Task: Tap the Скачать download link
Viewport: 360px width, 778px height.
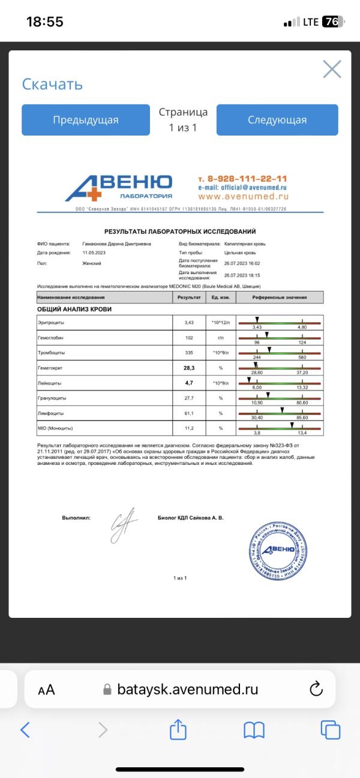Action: tap(52, 84)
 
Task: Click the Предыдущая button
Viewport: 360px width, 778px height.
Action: tap(86, 120)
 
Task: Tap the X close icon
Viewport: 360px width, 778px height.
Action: tap(332, 70)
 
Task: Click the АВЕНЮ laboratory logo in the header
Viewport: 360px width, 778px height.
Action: tap(119, 188)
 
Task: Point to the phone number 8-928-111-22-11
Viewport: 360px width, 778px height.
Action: tap(242, 179)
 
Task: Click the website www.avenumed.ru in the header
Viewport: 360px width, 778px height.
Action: tap(243, 196)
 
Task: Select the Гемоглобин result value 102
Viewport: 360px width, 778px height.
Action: tap(189, 338)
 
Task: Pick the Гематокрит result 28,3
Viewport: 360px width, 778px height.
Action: tap(189, 368)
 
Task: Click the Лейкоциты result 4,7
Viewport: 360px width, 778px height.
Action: tap(189, 383)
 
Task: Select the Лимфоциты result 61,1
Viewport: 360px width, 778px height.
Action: tap(189, 413)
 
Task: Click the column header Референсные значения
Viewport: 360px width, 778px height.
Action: tap(280, 298)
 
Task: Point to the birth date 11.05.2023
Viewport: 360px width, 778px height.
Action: tap(94, 253)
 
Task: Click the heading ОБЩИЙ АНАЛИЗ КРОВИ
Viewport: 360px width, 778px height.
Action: tap(74, 310)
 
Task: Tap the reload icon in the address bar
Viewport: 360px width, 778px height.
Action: tap(316, 689)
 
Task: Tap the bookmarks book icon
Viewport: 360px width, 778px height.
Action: tap(254, 729)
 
